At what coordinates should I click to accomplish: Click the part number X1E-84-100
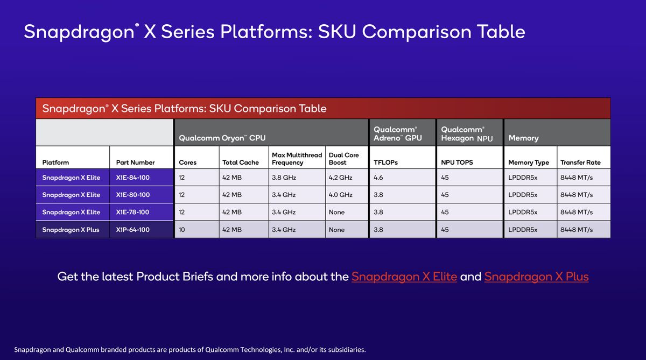(x=132, y=178)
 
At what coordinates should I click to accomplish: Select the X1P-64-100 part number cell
(x=132, y=230)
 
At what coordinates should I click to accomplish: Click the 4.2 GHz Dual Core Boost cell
(x=340, y=178)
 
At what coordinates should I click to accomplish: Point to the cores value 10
(x=182, y=230)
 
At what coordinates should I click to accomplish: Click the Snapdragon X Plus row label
(x=71, y=230)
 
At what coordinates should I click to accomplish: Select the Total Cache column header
(x=240, y=163)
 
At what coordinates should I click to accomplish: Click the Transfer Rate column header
(x=580, y=163)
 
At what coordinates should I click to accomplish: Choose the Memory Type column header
(x=528, y=163)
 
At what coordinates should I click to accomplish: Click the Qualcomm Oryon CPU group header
(x=222, y=138)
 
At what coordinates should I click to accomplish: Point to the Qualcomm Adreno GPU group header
(x=398, y=134)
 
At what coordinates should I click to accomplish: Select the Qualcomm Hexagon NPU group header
(x=466, y=134)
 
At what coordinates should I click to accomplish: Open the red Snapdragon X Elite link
(x=404, y=277)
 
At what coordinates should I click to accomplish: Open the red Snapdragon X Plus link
(x=536, y=277)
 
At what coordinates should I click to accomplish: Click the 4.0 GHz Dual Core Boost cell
(x=340, y=195)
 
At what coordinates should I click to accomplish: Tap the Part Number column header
(x=135, y=163)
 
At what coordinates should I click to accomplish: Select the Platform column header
(x=55, y=163)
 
